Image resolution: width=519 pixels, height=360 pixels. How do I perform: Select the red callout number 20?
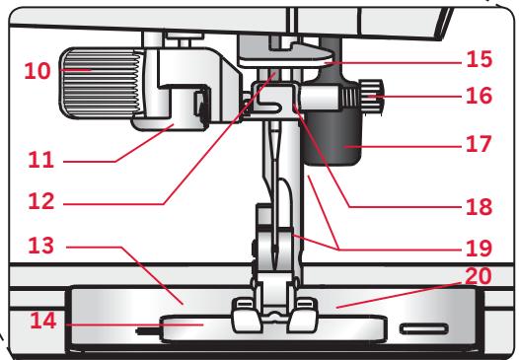click(x=474, y=280)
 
